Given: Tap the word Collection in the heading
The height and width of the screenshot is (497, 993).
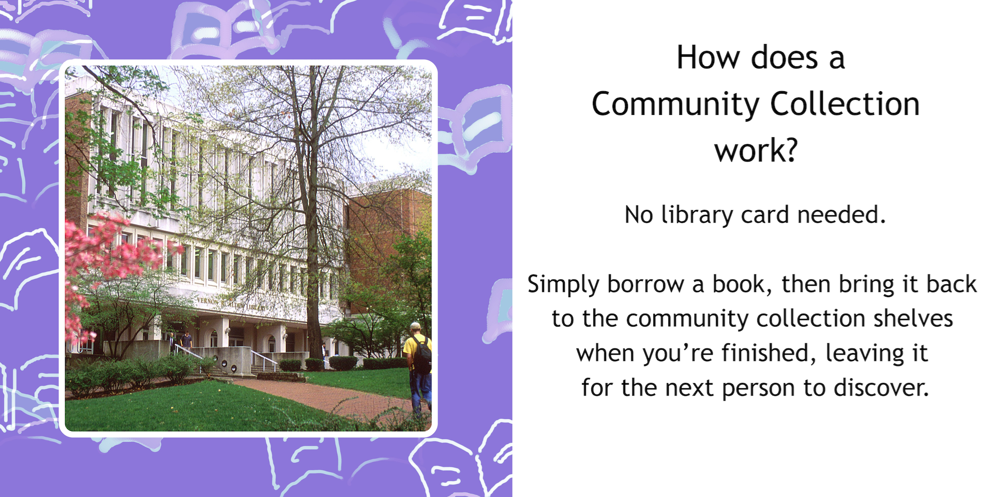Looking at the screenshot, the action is [845, 104].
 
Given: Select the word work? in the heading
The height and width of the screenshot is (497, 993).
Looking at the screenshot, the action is [756, 151].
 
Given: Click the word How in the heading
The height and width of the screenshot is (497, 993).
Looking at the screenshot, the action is [708, 57].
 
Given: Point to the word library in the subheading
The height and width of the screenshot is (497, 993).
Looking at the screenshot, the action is [697, 215].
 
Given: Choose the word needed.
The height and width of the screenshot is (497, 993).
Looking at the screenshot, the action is [841, 215].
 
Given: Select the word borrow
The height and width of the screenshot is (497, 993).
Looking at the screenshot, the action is [645, 284].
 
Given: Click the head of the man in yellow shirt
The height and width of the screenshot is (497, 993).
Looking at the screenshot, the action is [415, 328].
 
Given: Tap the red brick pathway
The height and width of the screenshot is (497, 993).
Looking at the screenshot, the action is [331, 396].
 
